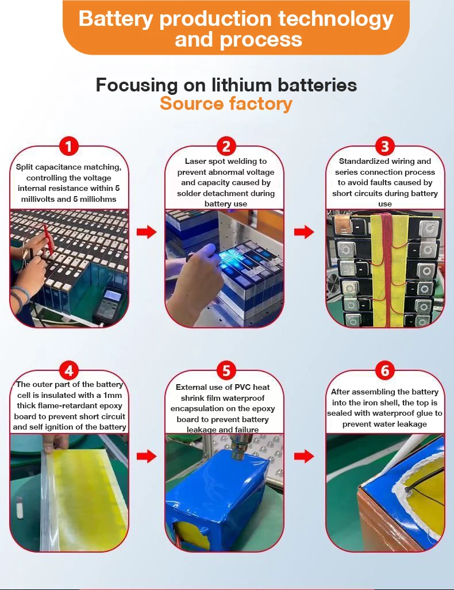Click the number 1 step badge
pos(68,145)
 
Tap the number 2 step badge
pos(226,145)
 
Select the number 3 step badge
pos(385,145)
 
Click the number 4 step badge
pos(68,370)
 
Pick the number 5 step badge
pos(226,370)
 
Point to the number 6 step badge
pos(385,370)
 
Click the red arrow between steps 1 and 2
pos(147,232)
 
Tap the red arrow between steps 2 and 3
pos(305,232)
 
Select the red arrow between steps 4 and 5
pos(147,457)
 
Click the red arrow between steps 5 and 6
pos(305,457)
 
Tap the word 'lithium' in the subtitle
pos(241,85)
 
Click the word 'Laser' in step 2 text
pos(195,161)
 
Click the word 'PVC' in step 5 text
pos(243,387)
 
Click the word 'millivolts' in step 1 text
pos(38,199)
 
